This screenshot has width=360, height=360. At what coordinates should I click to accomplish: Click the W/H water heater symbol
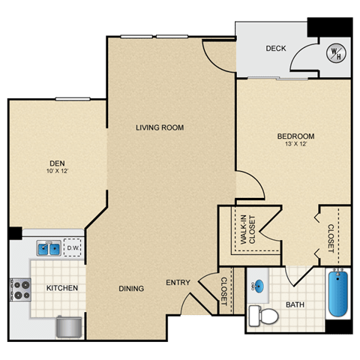[336, 53]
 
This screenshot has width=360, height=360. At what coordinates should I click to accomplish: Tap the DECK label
[276, 48]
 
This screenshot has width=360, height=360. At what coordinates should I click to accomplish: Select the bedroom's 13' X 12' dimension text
[295, 144]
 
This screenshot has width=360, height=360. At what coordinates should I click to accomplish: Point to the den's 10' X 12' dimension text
[57, 171]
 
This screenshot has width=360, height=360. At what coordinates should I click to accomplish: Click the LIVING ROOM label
[160, 127]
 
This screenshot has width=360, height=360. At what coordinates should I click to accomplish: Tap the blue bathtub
[338, 293]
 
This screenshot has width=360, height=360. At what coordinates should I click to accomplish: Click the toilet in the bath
[263, 316]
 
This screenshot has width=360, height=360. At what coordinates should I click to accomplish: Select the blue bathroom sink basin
[259, 285]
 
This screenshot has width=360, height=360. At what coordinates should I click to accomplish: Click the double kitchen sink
[49, 248]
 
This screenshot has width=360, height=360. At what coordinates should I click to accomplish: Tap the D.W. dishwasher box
[73, 247]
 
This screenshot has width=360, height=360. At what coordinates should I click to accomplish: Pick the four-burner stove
[20, 289]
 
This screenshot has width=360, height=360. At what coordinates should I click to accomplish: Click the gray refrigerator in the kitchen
[69, 327]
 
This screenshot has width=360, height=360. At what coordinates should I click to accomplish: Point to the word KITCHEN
[62, 288]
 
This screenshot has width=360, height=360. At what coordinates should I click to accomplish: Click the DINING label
[131, 289]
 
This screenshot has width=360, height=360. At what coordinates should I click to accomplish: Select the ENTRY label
[178, 283]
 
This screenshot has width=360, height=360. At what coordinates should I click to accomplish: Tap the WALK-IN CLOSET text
[247, 229]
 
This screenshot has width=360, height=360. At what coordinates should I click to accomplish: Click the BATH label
[295, 304]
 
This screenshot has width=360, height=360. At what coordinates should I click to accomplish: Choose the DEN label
[57, 163]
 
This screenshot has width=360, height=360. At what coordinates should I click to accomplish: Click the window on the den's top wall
[73, 99]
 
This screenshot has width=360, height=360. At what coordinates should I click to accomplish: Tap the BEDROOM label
[295, 136]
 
